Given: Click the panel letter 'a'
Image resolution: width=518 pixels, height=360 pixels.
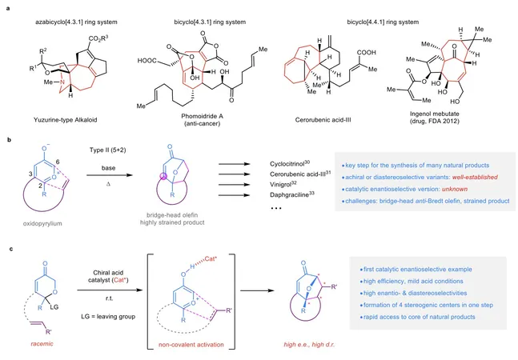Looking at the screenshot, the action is click(x=8, y=9).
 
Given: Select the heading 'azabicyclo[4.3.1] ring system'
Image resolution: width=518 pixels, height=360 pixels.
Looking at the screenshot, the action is click(x=76, y=22).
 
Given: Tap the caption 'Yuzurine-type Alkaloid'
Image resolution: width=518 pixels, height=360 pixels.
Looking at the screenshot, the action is click(x=66, y=120).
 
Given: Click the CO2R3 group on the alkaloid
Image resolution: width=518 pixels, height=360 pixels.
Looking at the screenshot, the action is click(x=98, y=38).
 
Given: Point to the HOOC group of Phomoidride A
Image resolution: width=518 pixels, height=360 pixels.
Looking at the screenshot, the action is click(x=147, y=60).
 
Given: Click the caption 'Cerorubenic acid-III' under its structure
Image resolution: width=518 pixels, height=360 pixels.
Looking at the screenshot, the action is click(x=323, y=120).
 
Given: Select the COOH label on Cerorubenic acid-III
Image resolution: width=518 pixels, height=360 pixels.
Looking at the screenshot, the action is click(x=366, y=53).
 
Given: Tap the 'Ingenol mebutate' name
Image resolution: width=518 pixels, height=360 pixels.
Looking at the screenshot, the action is click(x=435, y=114).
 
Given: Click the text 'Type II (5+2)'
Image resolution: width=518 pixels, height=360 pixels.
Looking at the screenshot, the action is click(x=108, y=150).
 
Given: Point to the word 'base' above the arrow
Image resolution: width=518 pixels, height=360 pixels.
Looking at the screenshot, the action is click(x=108, y=168).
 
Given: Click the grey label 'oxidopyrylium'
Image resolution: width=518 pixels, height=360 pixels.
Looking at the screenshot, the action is click(x=42, y=223).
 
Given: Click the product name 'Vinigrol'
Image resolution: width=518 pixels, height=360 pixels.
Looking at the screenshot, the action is click(x=283, y=185).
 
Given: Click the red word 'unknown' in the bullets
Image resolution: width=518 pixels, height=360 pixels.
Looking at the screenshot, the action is click(x=455, y=189).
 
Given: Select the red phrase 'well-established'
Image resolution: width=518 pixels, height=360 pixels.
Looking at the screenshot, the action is click(x=475, y=177).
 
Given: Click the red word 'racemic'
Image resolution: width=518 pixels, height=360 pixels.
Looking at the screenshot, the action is click(x=42, y=344).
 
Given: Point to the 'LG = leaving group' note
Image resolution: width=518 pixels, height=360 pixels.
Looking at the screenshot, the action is click(x=108, y=317).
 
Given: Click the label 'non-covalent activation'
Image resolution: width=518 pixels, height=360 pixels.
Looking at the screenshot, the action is click(x=191, y=345).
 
